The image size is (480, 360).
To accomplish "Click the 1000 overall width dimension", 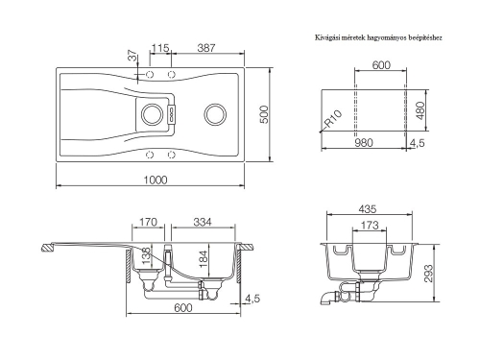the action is click(x=156, y=180).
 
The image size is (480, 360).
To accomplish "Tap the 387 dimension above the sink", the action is click(x=206, y=48).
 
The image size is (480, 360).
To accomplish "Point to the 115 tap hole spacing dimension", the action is click(x=160, y=48).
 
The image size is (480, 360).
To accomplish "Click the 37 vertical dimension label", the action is click(x=133, y=56).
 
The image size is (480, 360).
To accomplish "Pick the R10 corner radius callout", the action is click(x=333, y=119).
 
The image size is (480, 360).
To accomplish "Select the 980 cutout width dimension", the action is click(x=364, y=143).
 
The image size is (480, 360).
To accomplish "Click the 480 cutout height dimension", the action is click(x=421, y=110).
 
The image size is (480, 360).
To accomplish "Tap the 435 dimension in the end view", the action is click(x=368, y=209).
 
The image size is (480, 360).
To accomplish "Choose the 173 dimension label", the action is click(x=370, y=226).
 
